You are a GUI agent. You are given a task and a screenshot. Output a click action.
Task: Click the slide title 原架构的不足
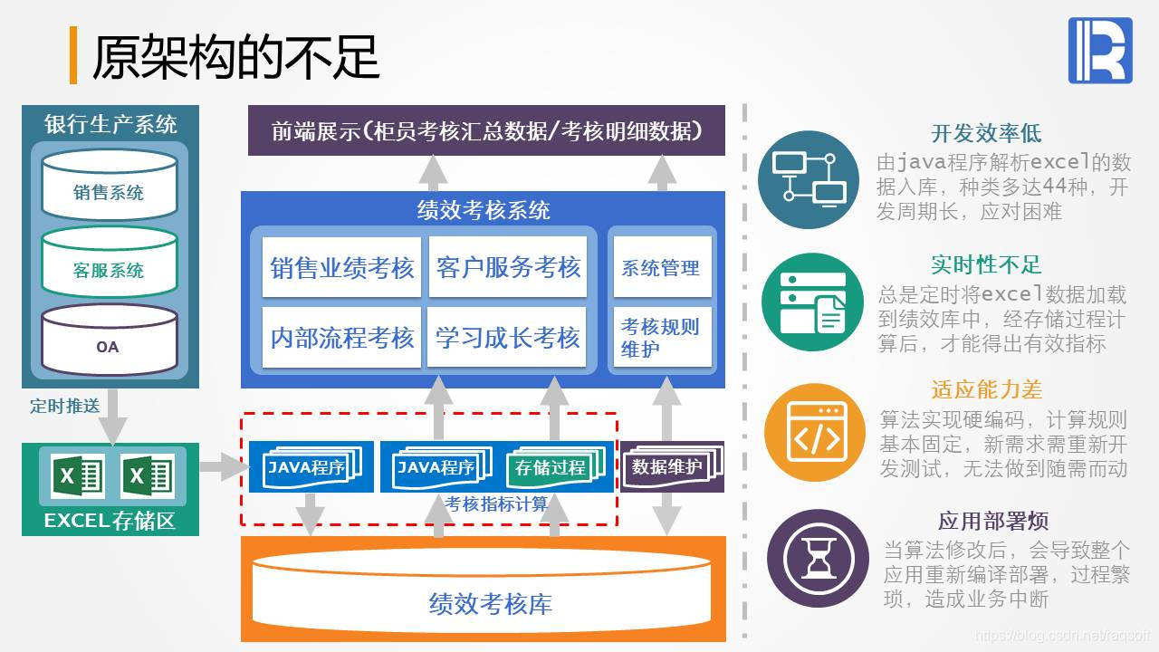click(x=235, y=56)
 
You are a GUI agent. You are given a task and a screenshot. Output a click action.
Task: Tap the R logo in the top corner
click(x=1100, y=51)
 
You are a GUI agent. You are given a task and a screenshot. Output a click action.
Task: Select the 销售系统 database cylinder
click(x=109, y=186)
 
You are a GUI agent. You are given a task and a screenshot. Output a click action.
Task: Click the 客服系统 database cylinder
click(x=109, y=264)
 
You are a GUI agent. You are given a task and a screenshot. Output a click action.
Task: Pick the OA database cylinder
click(x=109, y=341)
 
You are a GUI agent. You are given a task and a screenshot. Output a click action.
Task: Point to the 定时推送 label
click(x=64, y=406)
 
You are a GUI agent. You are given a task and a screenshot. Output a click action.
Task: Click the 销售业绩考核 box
click(x=341, y=268)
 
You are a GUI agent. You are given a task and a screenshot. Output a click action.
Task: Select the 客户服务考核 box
click(x=508, y=268)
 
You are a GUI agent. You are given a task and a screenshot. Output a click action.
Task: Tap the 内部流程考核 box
click(x=341, y=338)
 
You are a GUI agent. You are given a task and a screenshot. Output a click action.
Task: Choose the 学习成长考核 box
click(x=508, y=338)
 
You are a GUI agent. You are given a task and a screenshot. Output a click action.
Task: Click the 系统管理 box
click(x=661, y=268)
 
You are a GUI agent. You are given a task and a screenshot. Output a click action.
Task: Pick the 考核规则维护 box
click(x=661, y=338)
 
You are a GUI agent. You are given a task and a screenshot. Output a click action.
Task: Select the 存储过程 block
click(x=551, y=468)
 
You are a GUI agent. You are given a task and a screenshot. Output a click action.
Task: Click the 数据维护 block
click(x=667, y=467)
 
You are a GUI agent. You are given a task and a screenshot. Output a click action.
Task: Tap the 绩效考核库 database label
click(x=490, y=603)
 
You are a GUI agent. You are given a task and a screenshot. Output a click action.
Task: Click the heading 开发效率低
click(x=986, y=134)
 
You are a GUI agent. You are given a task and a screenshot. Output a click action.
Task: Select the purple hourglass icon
click(x=812, y=558)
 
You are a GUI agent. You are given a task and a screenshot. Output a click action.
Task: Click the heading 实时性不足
click(x=986, y=264)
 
